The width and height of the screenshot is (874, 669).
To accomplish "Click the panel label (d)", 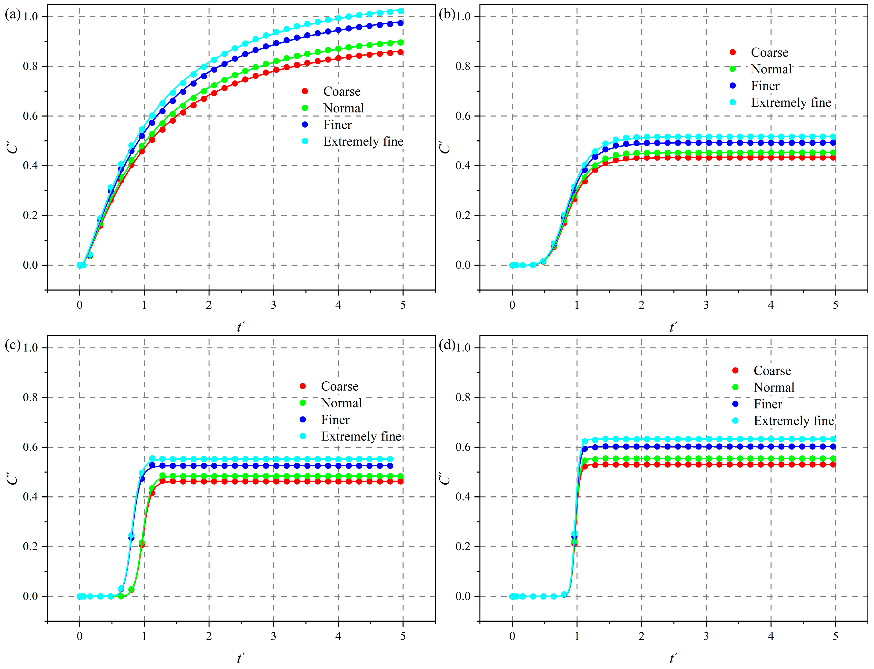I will [446, 345].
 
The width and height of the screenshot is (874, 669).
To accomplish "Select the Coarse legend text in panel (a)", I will [341, 92].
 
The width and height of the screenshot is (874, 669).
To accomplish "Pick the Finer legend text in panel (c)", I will [335, 420].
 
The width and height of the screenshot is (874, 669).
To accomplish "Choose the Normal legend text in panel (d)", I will [773, 387].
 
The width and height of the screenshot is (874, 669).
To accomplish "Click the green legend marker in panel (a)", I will [305, 108].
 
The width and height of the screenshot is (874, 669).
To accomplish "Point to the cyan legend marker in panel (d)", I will [735, 421].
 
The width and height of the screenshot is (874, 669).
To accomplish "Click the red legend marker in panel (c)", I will [302, 386].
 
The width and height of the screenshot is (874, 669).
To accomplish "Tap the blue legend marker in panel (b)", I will [733, 86].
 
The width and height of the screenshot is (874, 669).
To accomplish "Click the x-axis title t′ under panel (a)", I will [241, 327].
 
